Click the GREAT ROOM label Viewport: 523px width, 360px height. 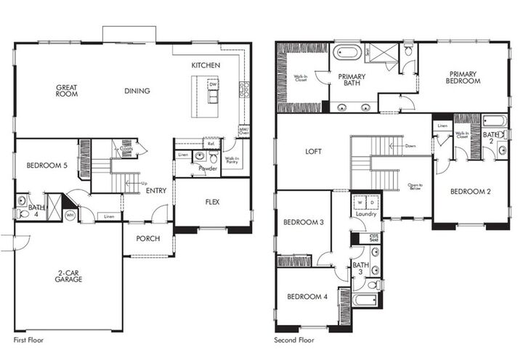click(67, 91)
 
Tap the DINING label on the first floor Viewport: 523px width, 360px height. click(137, 91)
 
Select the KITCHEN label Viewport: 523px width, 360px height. click(206, 65)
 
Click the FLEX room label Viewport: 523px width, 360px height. click(212, 202)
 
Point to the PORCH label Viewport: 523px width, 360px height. click(148, 238)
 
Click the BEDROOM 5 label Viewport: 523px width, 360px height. click(46, 165)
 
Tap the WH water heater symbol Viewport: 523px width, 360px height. click(70, 215)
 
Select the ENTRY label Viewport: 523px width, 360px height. click(155, 191)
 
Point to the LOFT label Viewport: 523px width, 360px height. click(313, 152)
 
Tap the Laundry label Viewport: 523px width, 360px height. click(365, 214)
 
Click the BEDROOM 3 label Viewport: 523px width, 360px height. click(303, 222)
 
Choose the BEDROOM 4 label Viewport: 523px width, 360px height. click(306, 296)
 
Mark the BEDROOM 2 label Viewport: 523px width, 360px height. click(470, 192)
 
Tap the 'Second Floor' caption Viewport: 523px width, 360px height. click(294, 340)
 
